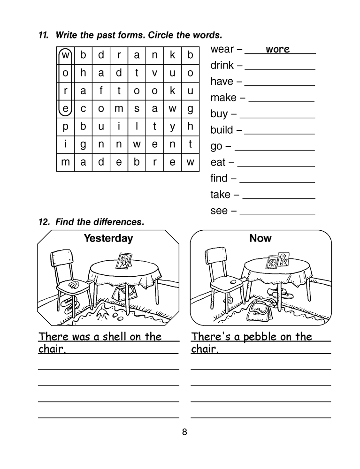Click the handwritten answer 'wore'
pos(277,49)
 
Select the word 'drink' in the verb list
pos(222,65)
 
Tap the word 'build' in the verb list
pos(222,129)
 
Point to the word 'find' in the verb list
pos(219,178)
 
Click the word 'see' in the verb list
pos(219,211)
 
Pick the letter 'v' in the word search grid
pos(154,73)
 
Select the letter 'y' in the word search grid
pos(172,126)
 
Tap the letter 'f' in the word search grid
pos(101,91)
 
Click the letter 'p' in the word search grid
pos(65,126)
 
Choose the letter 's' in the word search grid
pos(137,108)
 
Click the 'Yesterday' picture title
pos(108,238)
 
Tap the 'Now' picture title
pos(260,238)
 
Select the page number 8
pos(184,432)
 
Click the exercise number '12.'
pos(44,222)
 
